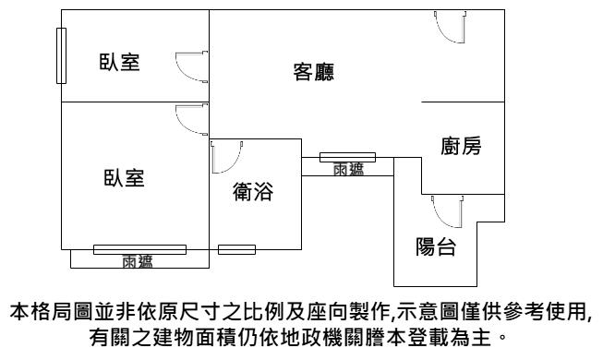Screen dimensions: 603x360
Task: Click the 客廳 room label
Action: pos(313,72)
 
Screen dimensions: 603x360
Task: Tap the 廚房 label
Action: pos(461,146)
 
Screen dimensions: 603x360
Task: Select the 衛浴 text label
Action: pos(253,191)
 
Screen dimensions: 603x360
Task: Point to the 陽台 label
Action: pos(436,246)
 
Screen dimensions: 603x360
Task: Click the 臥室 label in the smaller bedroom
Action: pos(120,62)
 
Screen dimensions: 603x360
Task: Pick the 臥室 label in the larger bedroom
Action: pos(125,178)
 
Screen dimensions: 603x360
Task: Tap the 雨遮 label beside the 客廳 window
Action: pos(348,169)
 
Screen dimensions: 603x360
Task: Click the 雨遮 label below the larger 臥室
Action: pos(138,261)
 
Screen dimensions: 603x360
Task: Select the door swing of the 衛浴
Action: pos(227,157)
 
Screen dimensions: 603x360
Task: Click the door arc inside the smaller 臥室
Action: pos(191,66)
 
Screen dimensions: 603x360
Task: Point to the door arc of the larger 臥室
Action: pos(191,119)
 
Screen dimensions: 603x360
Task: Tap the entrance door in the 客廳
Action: pos(451,27)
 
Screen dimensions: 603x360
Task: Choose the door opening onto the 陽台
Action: pos(447,212)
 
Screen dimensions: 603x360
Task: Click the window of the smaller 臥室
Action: pos(61,55)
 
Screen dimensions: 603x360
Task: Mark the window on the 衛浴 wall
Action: pos(237,249)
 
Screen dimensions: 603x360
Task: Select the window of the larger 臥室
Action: pos(140,249)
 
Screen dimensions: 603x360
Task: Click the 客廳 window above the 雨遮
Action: pos(347,157)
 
